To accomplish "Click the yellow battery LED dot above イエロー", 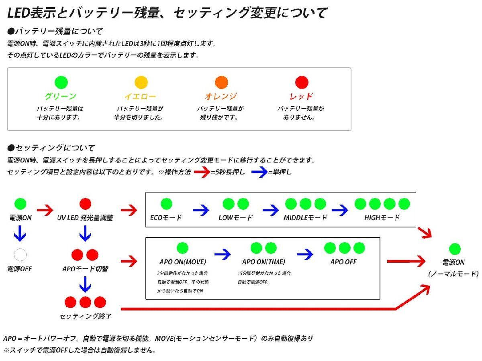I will pyautogui.click(x=141, y=82).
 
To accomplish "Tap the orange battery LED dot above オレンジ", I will pyautogui.click(x=221, y=82).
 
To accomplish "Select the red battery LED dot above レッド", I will pyautogui.click(x=302, y=82).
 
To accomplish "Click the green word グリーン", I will pyautogui.click(x=60, y=97).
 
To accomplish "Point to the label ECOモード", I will pyautogui.click(x=166, y=218).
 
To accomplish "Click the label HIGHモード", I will pyautogui.click(x=382, y=218).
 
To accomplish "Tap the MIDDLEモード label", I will pyautogui.click(x=305, y=218).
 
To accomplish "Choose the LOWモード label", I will pyautogui.click(x=236, y=218).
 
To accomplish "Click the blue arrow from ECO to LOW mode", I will pyautogui.click(x=201, y=210).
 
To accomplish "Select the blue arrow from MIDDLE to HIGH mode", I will pyautogui.click(x=339, y=210).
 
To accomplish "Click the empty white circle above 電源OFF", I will pyautogui.click(x=20, y=254).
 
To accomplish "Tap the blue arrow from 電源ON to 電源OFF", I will pyautogui.click(x=20, y=233).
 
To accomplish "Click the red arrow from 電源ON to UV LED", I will pyautogui.click(x=45, y=210).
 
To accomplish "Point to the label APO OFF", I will pyautogui.click(x=343, y=262).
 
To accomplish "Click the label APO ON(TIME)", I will pyautogui.click(x=263, y=262).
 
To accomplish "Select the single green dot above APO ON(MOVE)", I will pyautogui.click(x=182, y=248).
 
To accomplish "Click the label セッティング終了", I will pyautogui.click(x=86, y=316).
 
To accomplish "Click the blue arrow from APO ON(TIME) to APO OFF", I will pyautogui.click(x=305, y=254).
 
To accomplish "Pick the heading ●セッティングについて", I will pyautogui.click(x=51, y=148).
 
